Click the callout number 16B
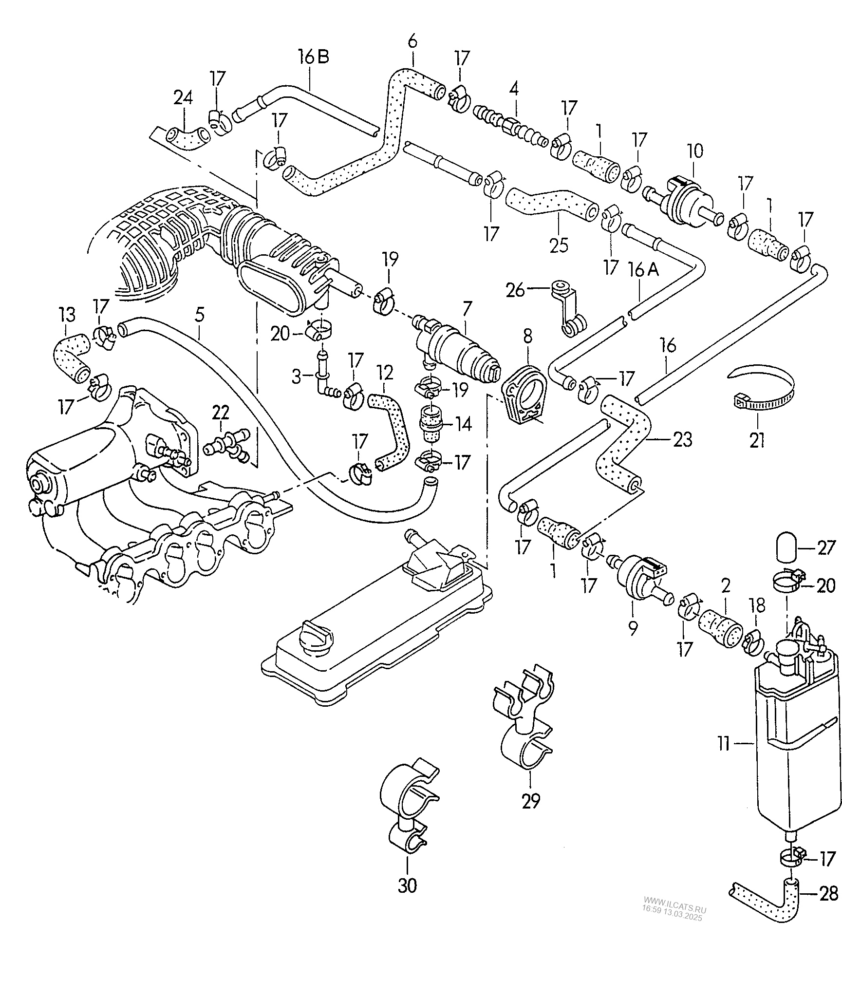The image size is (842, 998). coord(314,57)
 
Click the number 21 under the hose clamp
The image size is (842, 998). coord(757,440)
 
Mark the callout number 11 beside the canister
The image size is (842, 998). coord(724,757)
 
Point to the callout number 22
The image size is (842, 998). coord(220,413)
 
